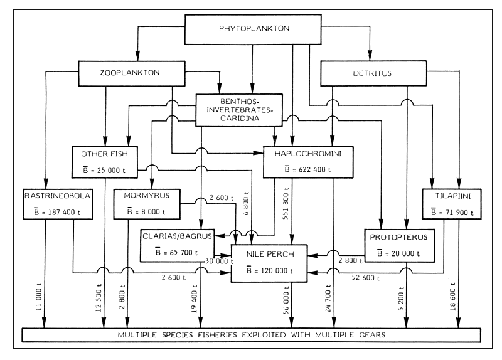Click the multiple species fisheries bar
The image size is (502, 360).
coord(251,334)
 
